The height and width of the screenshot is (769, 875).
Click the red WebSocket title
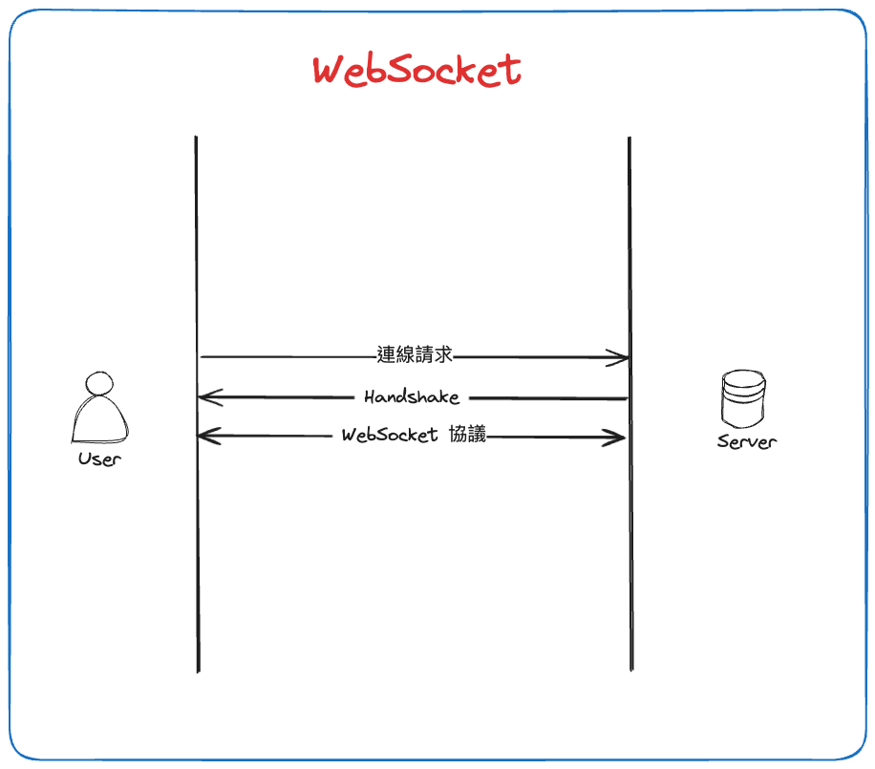point(417,71)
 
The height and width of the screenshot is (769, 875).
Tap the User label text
point(100,459)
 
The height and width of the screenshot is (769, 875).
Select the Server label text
point(746,441)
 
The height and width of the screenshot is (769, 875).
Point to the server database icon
point(744,400)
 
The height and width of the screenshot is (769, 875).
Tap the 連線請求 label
point(414,355)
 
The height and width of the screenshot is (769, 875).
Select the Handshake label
point(412,396)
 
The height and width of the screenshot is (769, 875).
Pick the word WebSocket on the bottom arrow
point(390,436)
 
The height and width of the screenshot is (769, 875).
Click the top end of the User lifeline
point(196,139)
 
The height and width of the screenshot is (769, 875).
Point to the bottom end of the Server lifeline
point(631,669)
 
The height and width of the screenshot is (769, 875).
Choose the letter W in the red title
point(331,72)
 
